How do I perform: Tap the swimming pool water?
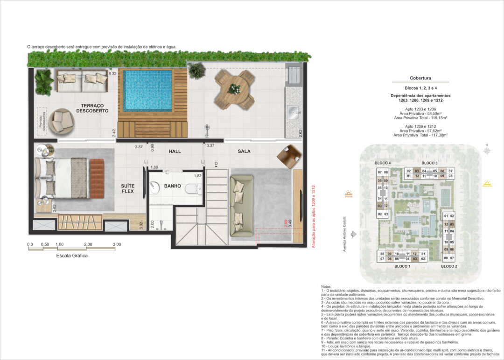click(147, 90)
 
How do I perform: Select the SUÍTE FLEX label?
click(127, 189)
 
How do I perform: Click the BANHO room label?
click(172, 186)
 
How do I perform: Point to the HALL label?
click(175, 151)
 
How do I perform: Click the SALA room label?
click(244, 151)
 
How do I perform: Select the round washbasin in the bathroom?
click(156, 187)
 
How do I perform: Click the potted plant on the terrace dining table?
click(235, 88)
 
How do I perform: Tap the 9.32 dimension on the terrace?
click(112, 74)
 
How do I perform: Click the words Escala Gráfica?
click(71, 256)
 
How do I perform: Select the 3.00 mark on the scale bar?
click(117, 244)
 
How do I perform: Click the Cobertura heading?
click(420, 78)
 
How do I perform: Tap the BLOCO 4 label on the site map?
click(383, 163)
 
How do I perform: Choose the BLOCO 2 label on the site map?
click(448, 266)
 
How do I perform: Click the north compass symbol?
click(487, 151)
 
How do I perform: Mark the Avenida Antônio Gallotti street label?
click(345, 234)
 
